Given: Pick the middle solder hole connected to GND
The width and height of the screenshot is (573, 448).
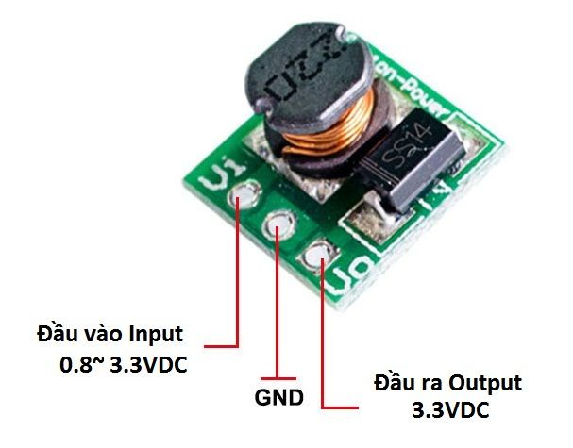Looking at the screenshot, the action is point(278,224).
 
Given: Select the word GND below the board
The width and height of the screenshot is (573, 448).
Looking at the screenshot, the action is point(278,397).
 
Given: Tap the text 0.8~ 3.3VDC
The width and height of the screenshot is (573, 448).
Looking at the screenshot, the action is point(123,364).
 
